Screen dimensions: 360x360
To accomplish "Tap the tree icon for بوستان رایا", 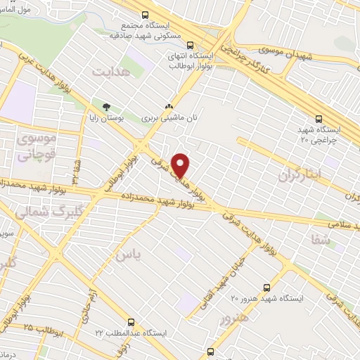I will [106, 107].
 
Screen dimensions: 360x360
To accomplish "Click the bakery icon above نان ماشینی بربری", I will [168, 107].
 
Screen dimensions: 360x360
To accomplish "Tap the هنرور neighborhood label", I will [235, 319].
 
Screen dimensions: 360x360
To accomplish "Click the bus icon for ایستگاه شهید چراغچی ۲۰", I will [319, 119].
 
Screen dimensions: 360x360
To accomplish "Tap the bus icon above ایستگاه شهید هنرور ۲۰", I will [266, 288].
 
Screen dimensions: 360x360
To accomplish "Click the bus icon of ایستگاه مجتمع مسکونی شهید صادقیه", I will [146, 15].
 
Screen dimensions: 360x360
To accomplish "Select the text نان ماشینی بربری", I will [168, 119].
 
